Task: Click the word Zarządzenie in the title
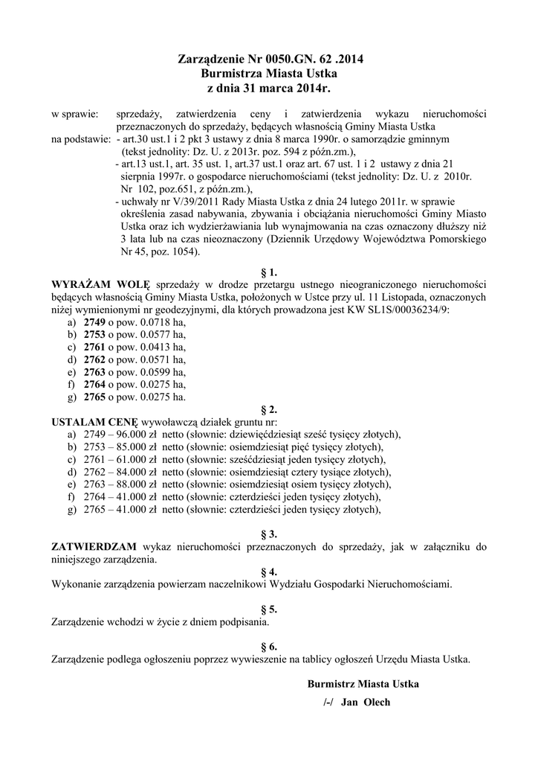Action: pos(214,59)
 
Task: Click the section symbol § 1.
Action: pos(269,272)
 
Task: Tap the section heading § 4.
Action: pos(269,571)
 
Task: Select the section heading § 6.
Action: pos(269,646)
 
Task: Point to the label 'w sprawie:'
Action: pos(74,114)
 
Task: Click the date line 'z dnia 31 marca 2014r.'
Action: pos(269,89)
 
